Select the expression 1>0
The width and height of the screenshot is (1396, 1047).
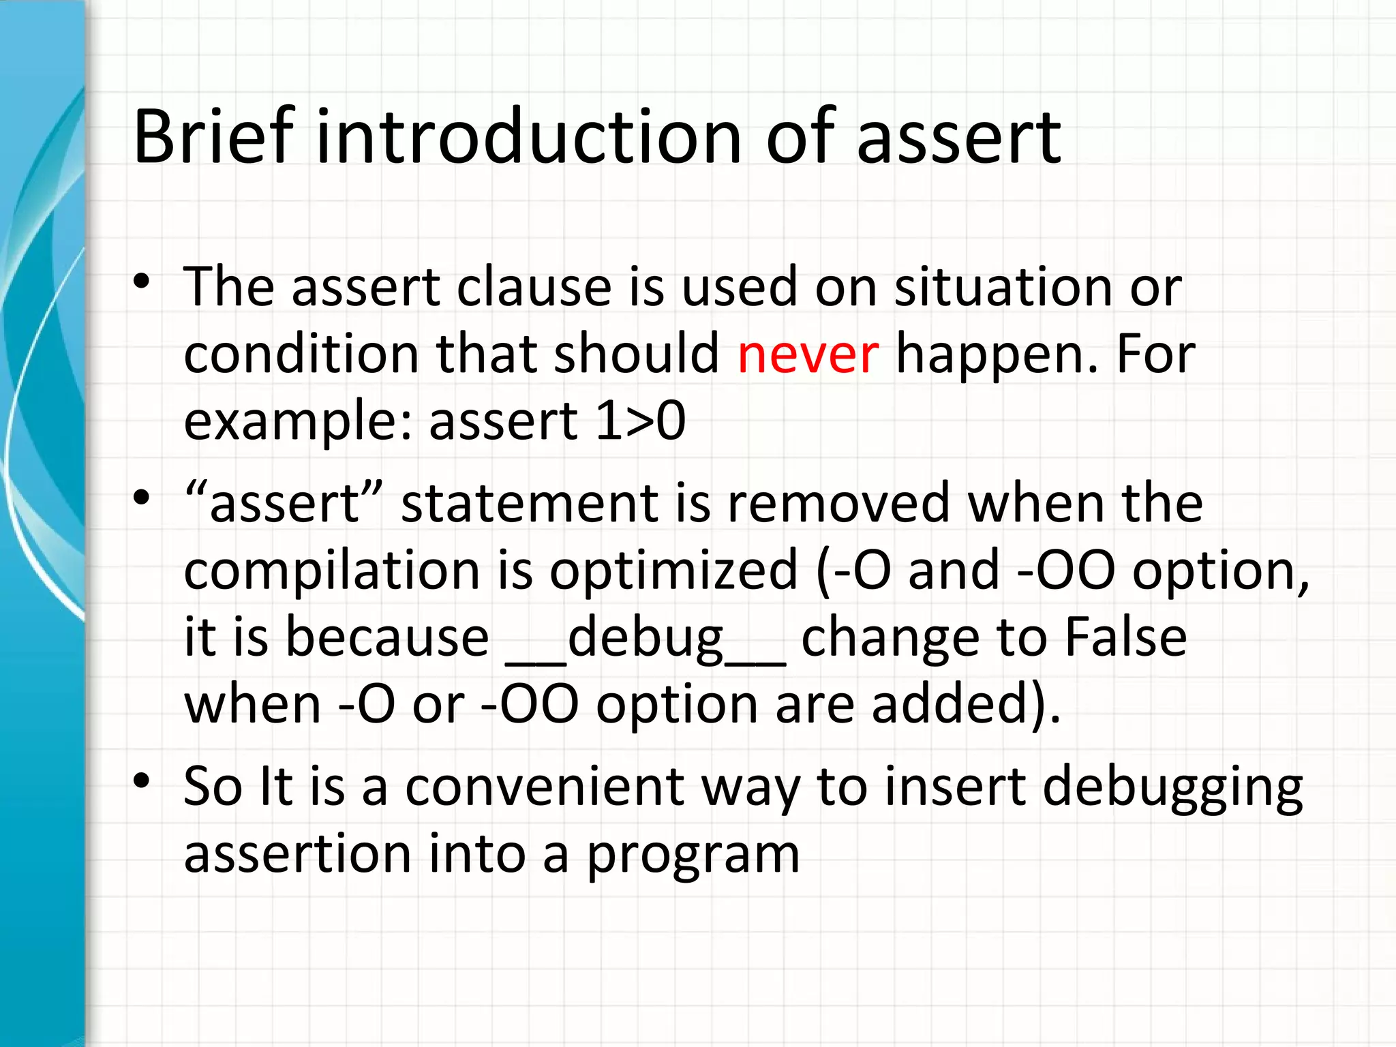tap(640, 421)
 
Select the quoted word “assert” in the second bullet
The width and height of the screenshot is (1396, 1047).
tap(284, 503)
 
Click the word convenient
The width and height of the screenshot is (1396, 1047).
tap(545, 787)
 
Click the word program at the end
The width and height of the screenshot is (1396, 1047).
tap(693, 854)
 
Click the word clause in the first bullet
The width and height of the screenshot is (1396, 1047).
tap(534, 286)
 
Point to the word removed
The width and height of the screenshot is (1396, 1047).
tap(838, 503)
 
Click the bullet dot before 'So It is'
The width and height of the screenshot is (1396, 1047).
tap(141, 780)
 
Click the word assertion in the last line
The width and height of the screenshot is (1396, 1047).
tap(297, 854)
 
